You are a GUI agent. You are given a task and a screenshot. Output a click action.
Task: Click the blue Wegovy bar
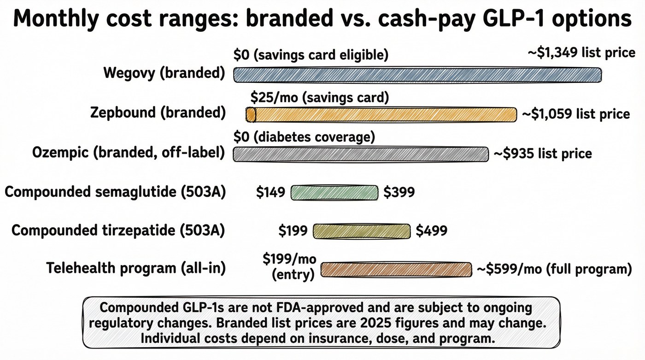pyautogui.click(x=417, y=75)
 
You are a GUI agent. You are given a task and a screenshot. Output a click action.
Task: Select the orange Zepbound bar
pyautogui.click(x=382, y=114)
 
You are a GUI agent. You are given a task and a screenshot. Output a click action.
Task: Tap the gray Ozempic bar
pyautogui.click(x=361, y=154)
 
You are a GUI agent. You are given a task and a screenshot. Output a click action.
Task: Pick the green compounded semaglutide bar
pyautogui.click(x=334, y=192)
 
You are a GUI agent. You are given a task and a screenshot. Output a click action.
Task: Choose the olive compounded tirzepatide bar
pyautogui.click(x=361, y=230)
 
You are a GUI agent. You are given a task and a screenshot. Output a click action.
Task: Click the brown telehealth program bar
pyautogui.click(x=396, y=269)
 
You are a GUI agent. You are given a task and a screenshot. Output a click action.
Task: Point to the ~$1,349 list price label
pyautogui.click(x=581, y=53)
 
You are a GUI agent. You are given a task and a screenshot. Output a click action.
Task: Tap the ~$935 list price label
pyautogui.click(x=543, y=153)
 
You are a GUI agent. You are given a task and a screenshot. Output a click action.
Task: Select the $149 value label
pyautogui.click(x=270, y=192)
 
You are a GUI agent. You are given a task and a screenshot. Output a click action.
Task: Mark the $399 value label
pyautogui.click(x=399, y=192)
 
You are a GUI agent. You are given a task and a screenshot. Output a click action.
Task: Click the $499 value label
pyautogui.click(x=431, y=230)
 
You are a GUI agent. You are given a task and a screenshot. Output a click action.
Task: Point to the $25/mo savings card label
pyautogui.click(x=320, y=98)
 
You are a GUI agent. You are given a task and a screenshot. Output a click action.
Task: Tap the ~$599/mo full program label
pyautogui.click(x=553, y=269)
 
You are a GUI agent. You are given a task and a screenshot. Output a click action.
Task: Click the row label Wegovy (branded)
pyautogui.click(x=164, y=73)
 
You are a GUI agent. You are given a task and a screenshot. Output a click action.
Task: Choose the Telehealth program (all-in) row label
pyautogui.click(x=136, y=268)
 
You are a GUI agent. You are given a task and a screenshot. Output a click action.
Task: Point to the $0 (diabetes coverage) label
pyautogui.click(x=304, y=137)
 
